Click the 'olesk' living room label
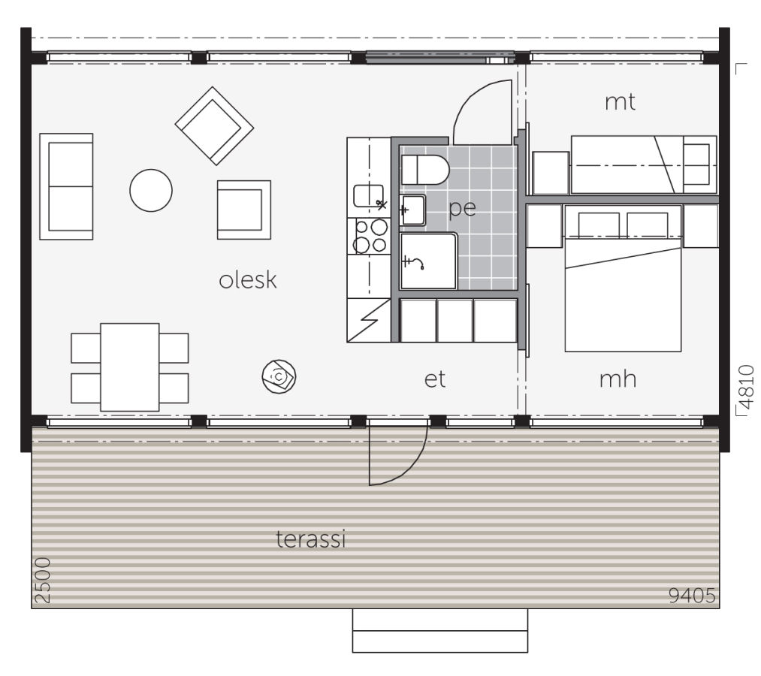(x=248, y=280)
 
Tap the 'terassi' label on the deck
(x=311, y=539)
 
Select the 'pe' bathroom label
(x=462, y=208)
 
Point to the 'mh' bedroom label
(x=618, y=379)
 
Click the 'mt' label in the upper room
(x=621, y=102)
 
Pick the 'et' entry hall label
(x=435, y=379)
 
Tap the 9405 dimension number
(x=692, y=596)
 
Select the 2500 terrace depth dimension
(x=42, y=581)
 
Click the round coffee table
(x=151, y=190)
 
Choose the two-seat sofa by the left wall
(x=67, y=186)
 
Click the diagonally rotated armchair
(x=214, y=125)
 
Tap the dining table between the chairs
(x=130, y=367)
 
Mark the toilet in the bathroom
(x=424, y=170)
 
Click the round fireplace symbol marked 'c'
(x=279, y=376)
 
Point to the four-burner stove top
(x=370, y=235)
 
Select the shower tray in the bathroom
(x=428, y=261)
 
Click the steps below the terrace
(x=439, y=631)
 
